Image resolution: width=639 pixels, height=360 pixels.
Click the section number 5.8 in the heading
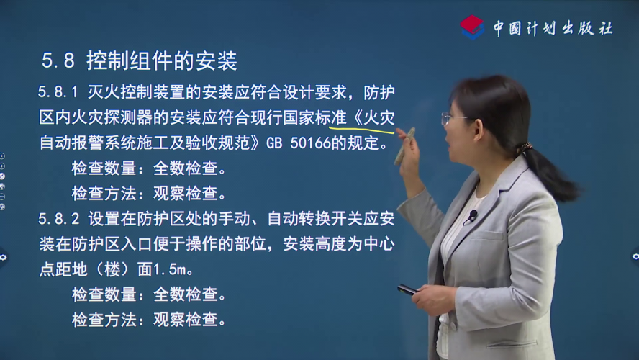58,60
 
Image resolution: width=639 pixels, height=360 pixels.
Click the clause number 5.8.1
58,92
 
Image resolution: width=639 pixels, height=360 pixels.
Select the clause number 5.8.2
59,219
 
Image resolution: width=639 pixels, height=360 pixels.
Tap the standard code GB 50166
298,143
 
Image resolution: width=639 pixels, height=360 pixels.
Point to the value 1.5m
170,269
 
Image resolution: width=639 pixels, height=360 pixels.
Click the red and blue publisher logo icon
472,27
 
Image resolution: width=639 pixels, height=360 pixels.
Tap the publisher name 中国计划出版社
553,28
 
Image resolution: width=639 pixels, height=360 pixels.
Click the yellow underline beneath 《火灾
361,130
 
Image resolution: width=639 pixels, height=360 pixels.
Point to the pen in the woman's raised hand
404,146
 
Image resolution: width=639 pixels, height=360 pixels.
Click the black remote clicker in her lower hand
407,289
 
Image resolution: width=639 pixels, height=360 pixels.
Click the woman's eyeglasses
453,118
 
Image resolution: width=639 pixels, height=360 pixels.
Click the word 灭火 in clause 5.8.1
104,92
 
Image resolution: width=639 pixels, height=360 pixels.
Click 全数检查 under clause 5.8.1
186,168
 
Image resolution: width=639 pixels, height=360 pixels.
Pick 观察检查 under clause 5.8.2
186,320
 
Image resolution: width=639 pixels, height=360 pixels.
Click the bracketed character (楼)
112,269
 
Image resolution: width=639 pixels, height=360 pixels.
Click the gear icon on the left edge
4,257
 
